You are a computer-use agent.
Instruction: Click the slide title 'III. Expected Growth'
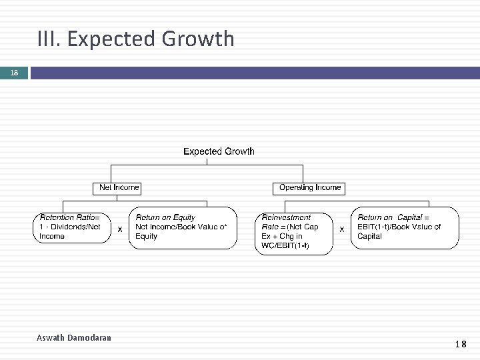point(137,39)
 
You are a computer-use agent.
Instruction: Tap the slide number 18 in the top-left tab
point(13,73)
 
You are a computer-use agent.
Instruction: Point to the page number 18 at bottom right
point(461,345)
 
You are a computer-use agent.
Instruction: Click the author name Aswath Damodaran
point(74,338)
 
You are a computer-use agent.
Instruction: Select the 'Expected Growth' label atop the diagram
point(219,151)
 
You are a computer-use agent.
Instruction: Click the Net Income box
point(117,188)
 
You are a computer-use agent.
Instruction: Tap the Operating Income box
point(310,188)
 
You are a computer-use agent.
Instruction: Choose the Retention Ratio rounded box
point(73,227)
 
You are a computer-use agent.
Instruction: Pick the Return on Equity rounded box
point(183,228)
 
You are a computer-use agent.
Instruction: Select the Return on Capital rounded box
point(405,228)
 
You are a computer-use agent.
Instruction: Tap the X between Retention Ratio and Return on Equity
point(119,229)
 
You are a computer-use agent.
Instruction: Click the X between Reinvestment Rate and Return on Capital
point(341,229)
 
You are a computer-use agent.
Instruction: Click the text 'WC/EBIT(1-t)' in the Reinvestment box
point(285,245)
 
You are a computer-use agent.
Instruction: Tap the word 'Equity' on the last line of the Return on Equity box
point(147,236)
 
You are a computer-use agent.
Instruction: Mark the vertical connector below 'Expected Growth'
point(207,161)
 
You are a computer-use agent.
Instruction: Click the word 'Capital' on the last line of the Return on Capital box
point(369,236)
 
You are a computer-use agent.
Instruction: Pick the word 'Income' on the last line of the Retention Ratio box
point(52,236)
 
